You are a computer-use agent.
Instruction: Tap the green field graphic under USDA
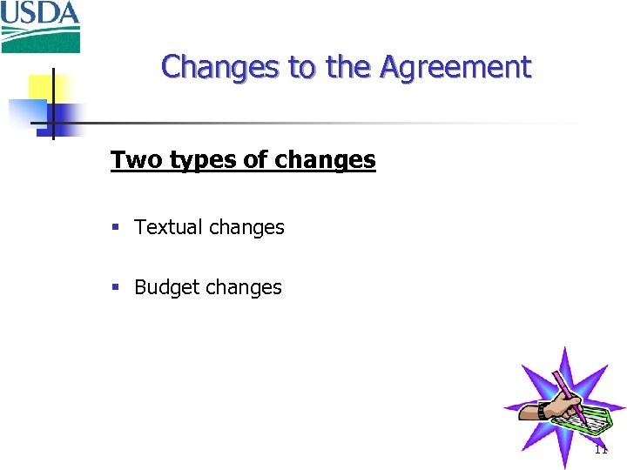click(x=40, y=38)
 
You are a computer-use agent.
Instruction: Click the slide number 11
click(x=601, y=450)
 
